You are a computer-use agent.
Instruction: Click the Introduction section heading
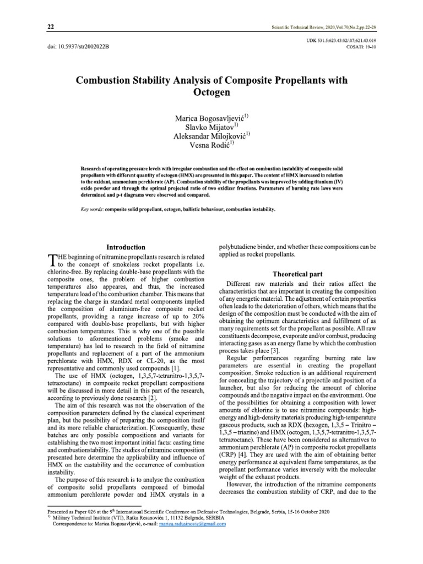pyautogui.click(x=126, y=247)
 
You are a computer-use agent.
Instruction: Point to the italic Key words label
pyautogui.click(x=91, y=210)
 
